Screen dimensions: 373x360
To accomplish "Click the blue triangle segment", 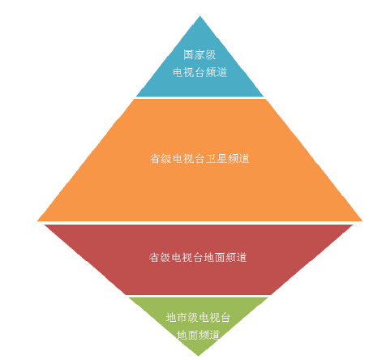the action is [x=199, y=67].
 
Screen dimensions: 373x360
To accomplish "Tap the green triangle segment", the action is [x=199, y=319].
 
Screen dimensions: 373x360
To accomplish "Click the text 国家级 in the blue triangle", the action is [x=199, y=55].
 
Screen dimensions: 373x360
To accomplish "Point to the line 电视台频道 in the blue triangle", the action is [x=200, y=72].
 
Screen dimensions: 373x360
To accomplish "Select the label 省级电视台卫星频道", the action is [x=199, y=159].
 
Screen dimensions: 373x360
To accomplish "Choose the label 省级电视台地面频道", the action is [x=198, y=257].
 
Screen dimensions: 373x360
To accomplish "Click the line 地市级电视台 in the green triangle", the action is [x=198, y=317].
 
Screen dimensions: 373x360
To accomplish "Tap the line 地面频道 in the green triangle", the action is [x=198, y=335].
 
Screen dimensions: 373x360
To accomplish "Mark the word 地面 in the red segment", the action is [x=214, y=257].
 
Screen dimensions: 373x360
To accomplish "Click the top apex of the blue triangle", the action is [x=199, y=16].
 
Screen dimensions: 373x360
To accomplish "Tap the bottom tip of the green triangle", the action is [x=199, y=356].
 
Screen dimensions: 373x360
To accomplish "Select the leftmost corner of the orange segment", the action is [x=37, y=221].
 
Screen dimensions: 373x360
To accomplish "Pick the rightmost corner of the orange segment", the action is [x=362, y=221].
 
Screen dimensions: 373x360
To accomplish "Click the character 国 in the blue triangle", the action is [x=189, y=55].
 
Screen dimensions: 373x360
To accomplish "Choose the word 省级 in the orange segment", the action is [x=161, y=159].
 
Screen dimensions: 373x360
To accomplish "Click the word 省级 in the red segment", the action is [x=160, y=257].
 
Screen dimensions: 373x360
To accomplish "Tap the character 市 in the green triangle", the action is [x=182, y=317].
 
